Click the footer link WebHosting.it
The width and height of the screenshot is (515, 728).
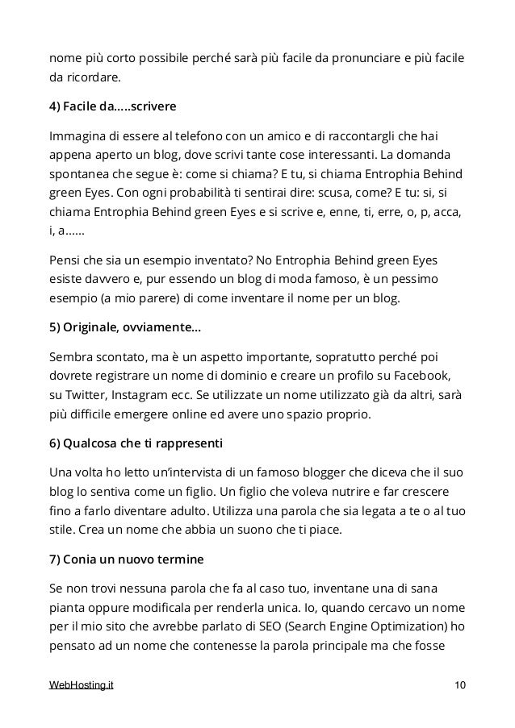click(x=82, y=685)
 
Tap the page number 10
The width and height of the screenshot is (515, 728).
click(x=459, y=685)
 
